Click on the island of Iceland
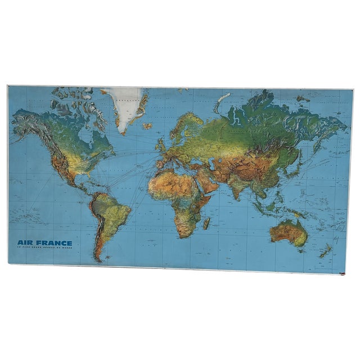click(147, 126)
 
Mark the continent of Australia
click(288, 231)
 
